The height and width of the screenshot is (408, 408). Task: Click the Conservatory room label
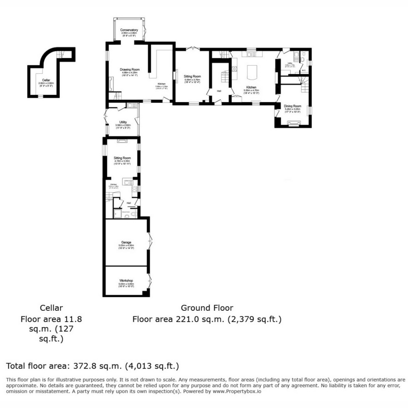(x=129, y=30)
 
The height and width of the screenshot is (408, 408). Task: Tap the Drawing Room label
(x=130, y=69)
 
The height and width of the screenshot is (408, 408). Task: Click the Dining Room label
(x=292, y=106)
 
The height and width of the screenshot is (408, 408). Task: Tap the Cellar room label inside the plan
(x=46, y=80)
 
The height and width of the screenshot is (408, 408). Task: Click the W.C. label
(x=304, y=71)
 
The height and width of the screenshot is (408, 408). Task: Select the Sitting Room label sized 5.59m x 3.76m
(x=192, y=76)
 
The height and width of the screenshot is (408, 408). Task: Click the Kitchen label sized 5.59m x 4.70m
(x=251, y=87)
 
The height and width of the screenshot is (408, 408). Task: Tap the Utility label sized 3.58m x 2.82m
(x=123, y=122)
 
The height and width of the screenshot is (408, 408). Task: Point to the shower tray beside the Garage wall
(x=118, y=214)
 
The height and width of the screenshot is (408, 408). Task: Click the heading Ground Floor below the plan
(x=207, y=308)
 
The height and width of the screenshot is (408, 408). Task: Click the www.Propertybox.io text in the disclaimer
(x=237, y=391)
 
